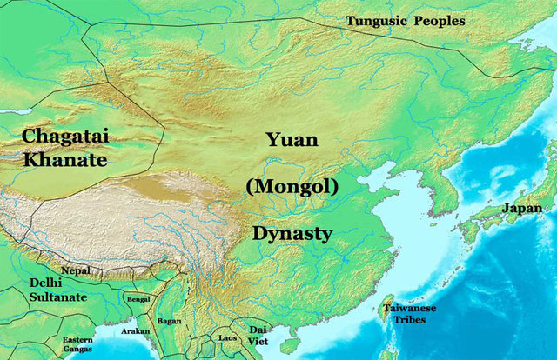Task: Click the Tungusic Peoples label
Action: click(x=405, y=20)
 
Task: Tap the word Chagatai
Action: click(x=65, y=137)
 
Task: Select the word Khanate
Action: click(x=65, y=161)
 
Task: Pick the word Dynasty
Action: click(x=292, y=233)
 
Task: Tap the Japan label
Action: click(x=522, y=209)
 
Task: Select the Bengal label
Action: click(x=138, y=298)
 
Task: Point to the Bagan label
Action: click(x=170, y=321)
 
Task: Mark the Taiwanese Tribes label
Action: click(x=412, y=315)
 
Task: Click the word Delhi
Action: click(x=45, y=283)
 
